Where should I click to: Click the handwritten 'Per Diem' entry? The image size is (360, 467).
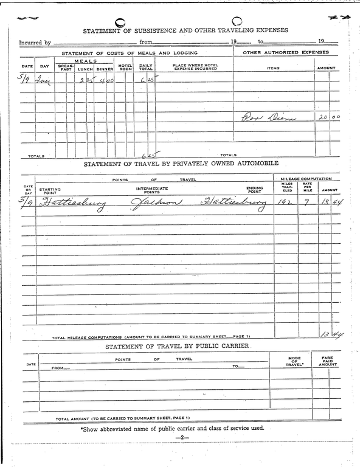pos(269,117)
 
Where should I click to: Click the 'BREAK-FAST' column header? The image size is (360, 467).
pos(65,67)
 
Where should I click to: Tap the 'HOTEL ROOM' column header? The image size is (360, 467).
pos(125,67)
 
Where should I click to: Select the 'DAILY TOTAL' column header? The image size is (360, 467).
pos(145,67)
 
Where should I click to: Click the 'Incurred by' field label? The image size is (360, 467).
pos(35,43)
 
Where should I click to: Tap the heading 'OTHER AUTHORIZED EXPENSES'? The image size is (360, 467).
pos(285,53)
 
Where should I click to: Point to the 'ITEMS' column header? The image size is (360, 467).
pos(273,67)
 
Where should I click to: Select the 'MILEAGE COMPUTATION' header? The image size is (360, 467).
pos(306,179)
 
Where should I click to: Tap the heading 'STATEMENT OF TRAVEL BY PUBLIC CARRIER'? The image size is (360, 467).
pos(178,347)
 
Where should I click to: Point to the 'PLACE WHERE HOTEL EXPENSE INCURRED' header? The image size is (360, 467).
pos(194,67)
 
